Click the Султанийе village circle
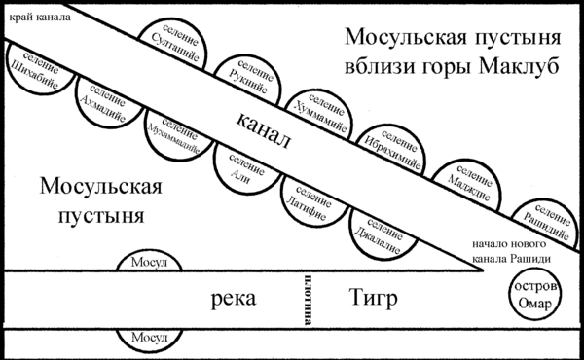pyautogui.click(x=173, y=44)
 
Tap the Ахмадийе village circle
pyautogui.click(x=108, y=103)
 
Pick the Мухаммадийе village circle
pyautogui.click(x=177, y=136)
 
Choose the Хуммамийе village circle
pyautogui.click(x=319, y=115)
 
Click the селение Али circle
pyautogui.click(x=247, y=170)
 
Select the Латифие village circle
pyautogui.click(x=315, y=202)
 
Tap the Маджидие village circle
pyautogui.click(x=467, y=185)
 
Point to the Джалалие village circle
pyautogui.click(x=383, y=235)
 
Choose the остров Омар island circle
pyautogui.click(x=534, y=295)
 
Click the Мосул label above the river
pyautogui.click(x=149, y=262)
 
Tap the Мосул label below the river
pyautogui.click(x=149, y=338)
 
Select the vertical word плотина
pyautogui.click(x=308, y=300)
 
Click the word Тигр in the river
pyautogui.click(x=373, y=298)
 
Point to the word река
pyautogui.click(x=234, y=299)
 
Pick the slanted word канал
pyautogui.click(x=264, y=131)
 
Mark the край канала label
pyautogui.click(x=40, y=18)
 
